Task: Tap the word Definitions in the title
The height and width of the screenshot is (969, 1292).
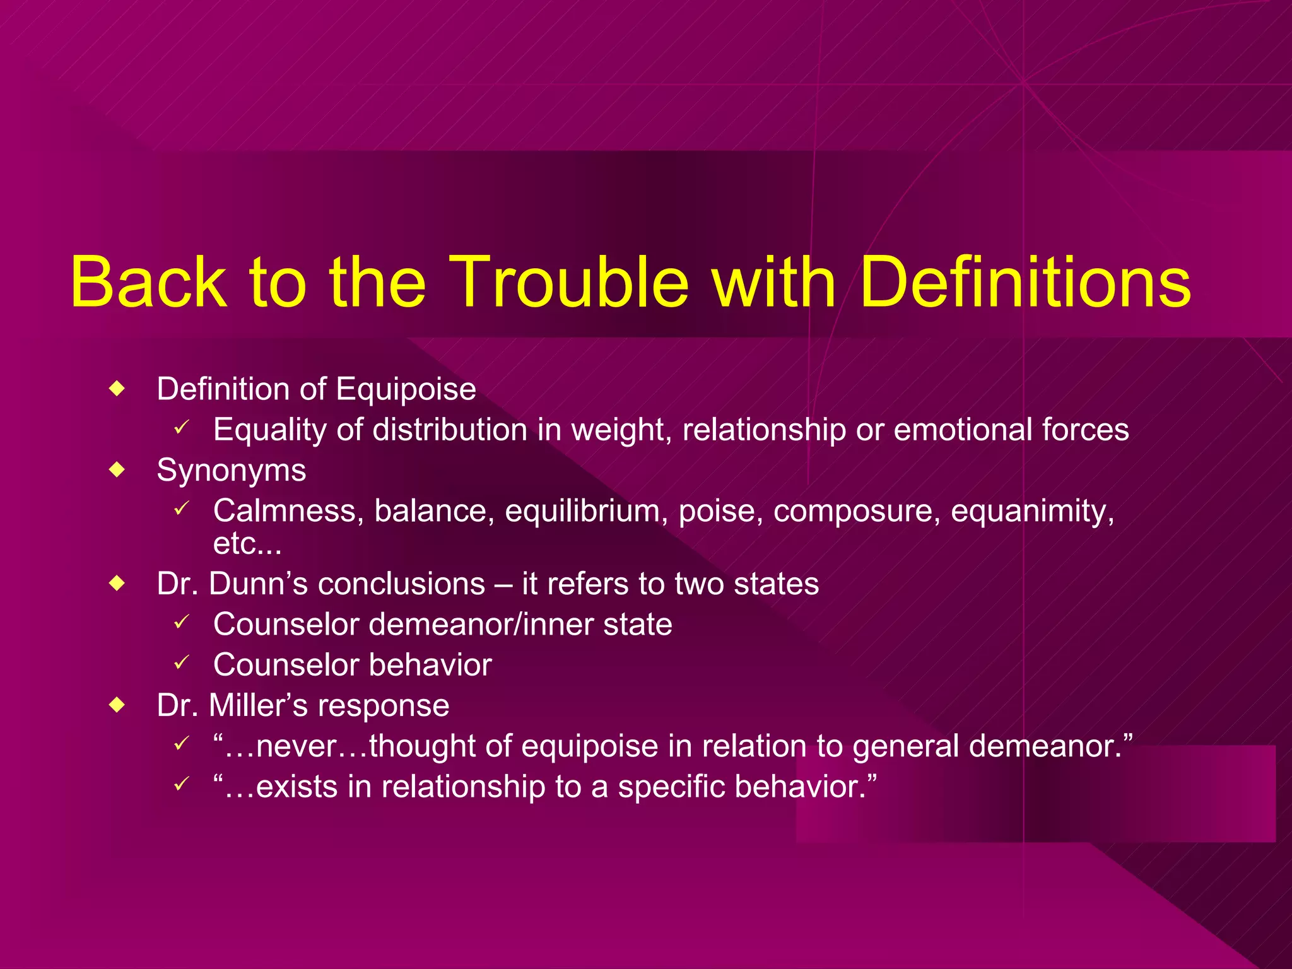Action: [1025, 282]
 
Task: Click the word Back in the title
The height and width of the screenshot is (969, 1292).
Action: [148, 282]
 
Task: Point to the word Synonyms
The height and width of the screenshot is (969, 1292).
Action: [232, 471]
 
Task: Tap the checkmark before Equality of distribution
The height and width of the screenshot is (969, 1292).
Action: [182, 428]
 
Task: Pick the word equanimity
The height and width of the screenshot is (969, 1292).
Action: [1032, 510]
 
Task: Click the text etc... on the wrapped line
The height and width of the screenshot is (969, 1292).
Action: [247, 544]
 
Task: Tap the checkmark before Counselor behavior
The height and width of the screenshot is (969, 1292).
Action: [182, 662]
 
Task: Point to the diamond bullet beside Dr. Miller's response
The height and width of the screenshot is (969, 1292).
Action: [117, 705]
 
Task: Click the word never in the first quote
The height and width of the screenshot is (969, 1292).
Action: [296, 746]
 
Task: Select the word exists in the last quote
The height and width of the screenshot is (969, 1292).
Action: [296, 787]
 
